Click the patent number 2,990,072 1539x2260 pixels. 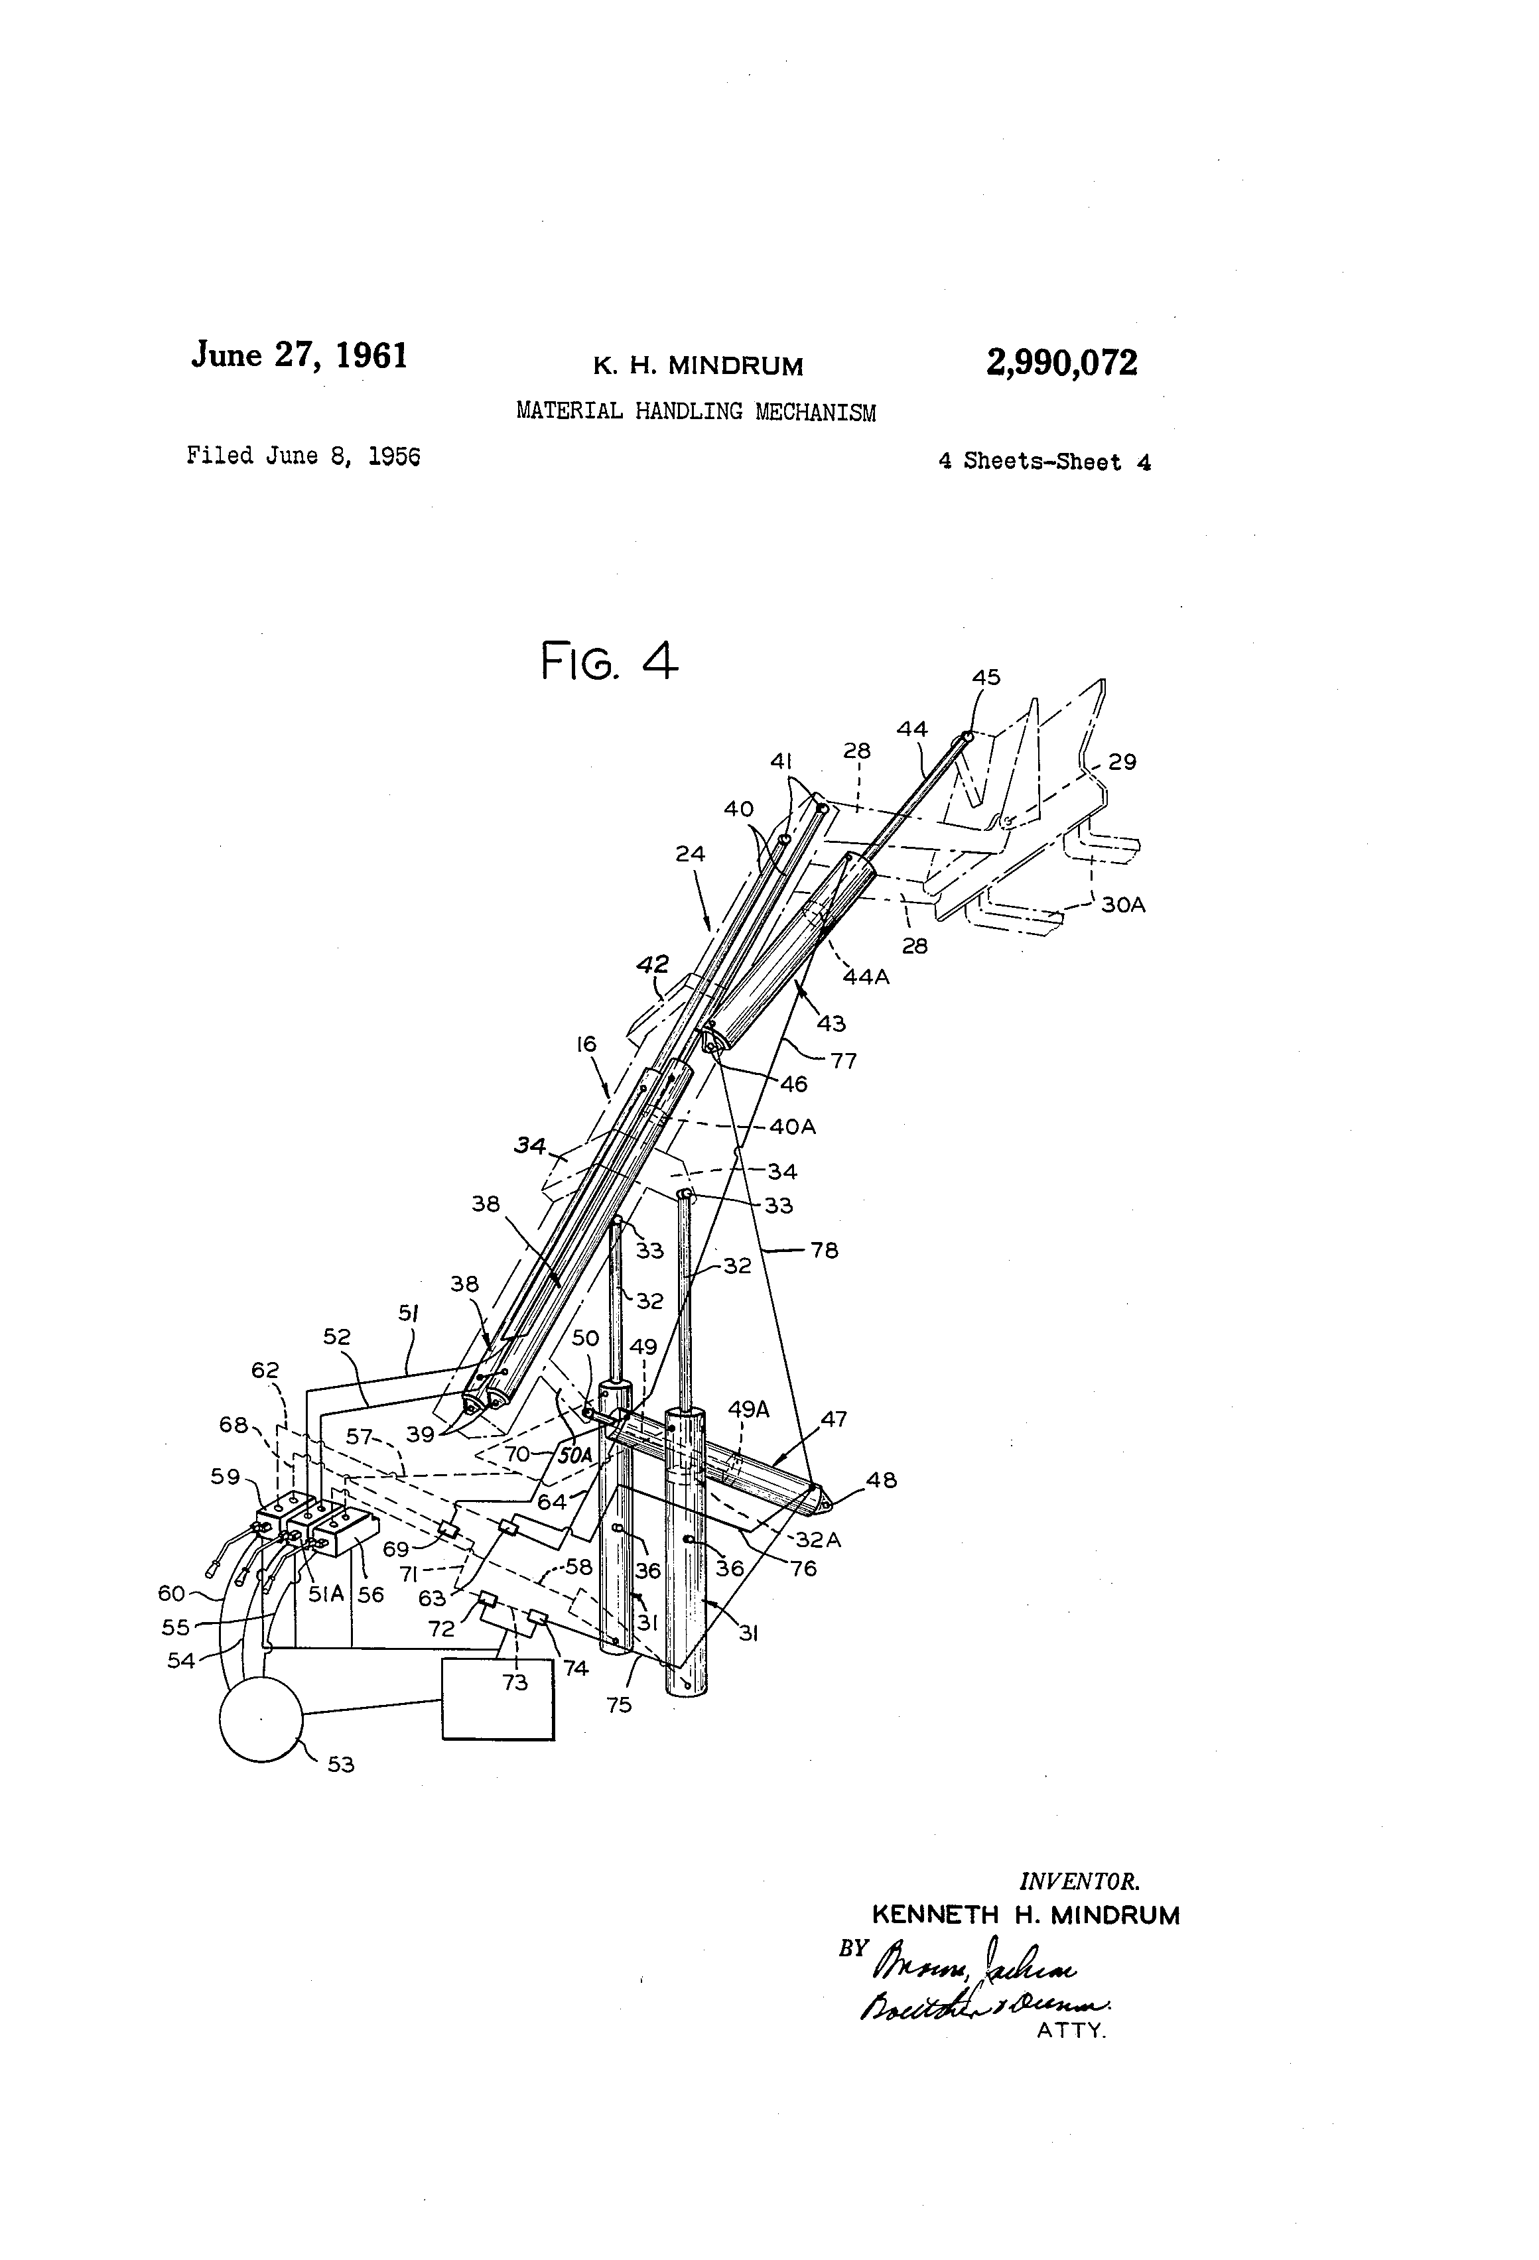[1061, 363]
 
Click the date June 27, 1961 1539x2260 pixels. [300, 356]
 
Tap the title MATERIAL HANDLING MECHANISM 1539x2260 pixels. [696, 411]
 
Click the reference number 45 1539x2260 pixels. [986, 678]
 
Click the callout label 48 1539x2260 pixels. [882, 1480]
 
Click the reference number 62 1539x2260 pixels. [265, 1370]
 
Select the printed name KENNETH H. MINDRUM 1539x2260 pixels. [1026, 1916]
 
